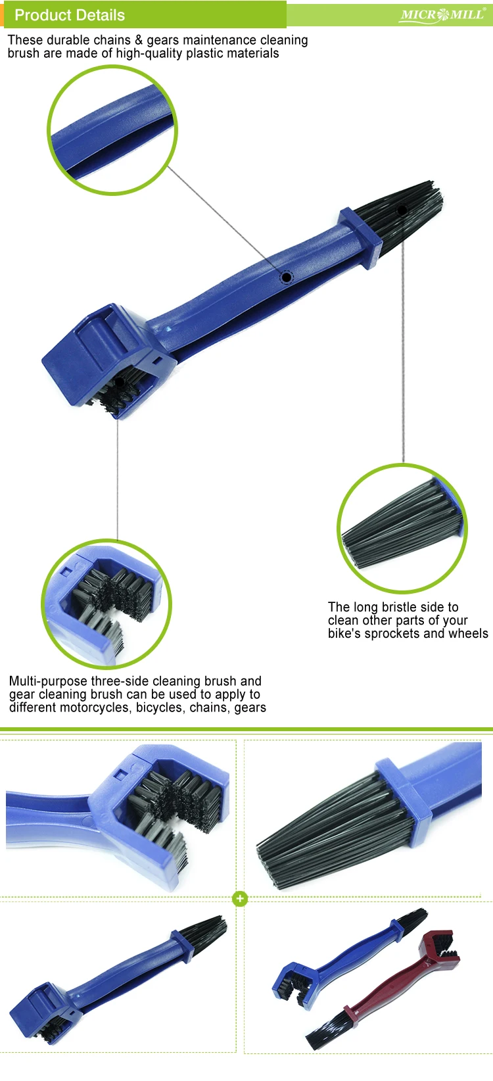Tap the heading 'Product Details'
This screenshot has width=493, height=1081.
[x=70, y=15]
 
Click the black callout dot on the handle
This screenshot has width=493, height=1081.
[x=287, y=277]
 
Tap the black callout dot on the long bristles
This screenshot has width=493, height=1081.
[x=402, y=210]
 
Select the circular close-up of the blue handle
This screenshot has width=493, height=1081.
[x=112, y=130]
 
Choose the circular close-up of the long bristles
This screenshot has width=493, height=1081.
[x=402, y=528]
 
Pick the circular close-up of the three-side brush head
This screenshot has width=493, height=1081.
[x=106, y=604]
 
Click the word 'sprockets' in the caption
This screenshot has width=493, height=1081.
[x=392, y=633]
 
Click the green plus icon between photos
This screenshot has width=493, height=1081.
[x=240, y=899]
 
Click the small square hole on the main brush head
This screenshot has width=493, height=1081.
[x=157, y=360]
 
